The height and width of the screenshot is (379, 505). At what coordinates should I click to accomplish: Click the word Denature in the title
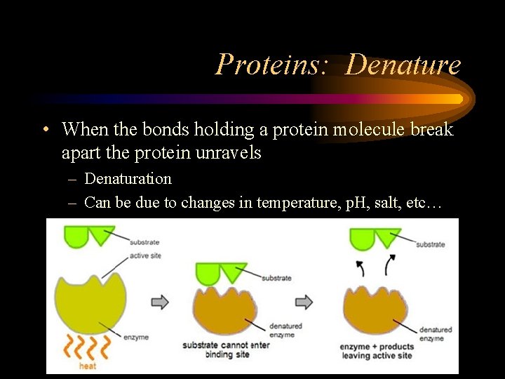pyautogui.click(x=403, y=65)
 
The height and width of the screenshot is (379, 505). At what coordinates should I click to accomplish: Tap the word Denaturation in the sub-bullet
pyautogui.click(x=128, y=178)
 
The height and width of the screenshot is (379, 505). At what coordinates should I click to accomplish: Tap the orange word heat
pyautogui.click(x=87, y=366)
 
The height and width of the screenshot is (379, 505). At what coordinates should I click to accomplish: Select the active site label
pyautogui.click(x=144, y=255)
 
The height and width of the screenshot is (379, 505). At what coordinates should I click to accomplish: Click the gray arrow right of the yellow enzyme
pyautogui.click(x=160, y=301)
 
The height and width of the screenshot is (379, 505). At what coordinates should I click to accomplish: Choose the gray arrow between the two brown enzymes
pyautogui.click(x=304, y=301)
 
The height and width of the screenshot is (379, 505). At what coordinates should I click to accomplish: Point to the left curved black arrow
pyautogui.click(x=361, y=269)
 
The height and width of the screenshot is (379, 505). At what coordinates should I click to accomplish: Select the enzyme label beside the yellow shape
pyautogui.click(x=136, y=337)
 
